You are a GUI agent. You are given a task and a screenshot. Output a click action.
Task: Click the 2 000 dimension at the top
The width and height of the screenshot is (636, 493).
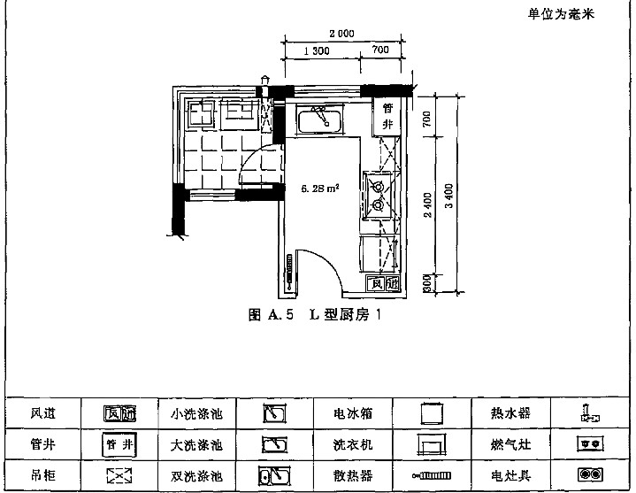click(341, 34)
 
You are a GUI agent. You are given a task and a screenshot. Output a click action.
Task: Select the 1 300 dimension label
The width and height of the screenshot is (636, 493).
click(316, 50)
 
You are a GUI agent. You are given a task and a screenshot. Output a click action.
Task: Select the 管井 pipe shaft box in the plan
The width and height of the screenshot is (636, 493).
click(387, 116)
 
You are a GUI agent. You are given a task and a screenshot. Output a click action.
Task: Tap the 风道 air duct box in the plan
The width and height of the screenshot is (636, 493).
click(385, 284)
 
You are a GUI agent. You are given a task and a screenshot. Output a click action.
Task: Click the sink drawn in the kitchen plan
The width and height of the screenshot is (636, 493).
click(320, 119)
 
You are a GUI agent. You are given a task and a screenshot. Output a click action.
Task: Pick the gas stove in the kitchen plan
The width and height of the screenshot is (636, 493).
click(379, 196)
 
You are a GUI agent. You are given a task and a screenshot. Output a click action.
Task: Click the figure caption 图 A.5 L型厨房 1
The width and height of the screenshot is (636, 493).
click(317, 312)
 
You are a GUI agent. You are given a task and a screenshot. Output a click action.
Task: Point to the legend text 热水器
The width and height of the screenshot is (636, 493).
click(510, 413)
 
